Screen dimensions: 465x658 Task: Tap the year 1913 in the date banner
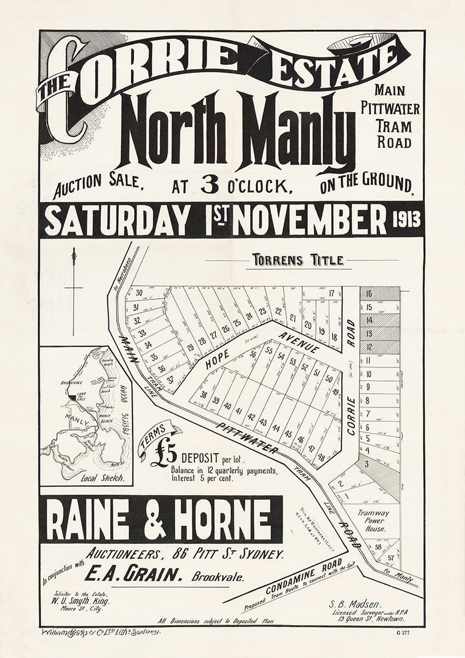point(406,220)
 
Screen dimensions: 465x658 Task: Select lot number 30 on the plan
point(139,293)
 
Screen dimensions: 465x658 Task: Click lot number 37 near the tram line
point(170,379)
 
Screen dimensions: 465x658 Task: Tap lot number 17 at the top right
point(332,293)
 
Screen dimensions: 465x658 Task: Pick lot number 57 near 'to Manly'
point(391,558)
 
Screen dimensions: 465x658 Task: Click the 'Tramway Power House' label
point(374,521)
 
